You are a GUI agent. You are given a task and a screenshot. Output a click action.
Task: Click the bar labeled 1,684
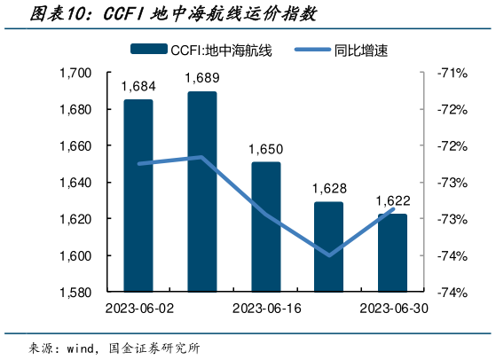pyautogui.click(x=138, y=195)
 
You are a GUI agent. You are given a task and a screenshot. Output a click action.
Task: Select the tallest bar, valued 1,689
pyautogui.click(x=202, y=192)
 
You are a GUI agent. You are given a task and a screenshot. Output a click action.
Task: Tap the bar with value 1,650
pyautogui.click(x=265, y=226)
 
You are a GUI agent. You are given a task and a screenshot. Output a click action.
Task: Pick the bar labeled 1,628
pyautogui.click(x=328, y=247)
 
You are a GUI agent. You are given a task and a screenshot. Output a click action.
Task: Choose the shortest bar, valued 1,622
pyautogui.click(x=392, y=253)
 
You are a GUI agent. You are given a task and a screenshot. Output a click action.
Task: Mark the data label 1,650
pyautogui.click(x=266, y=150)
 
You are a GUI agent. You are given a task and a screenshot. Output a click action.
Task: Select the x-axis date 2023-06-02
pyautogui.click(x=138, y=309)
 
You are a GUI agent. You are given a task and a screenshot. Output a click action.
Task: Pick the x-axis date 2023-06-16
pyautogui.click(x=265, y=309)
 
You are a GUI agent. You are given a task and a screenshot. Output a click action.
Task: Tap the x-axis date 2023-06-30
pyautogui.click(x=392, y=309)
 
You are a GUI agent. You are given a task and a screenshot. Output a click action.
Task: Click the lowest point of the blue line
pyautogui.click(x=329, y=255)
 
